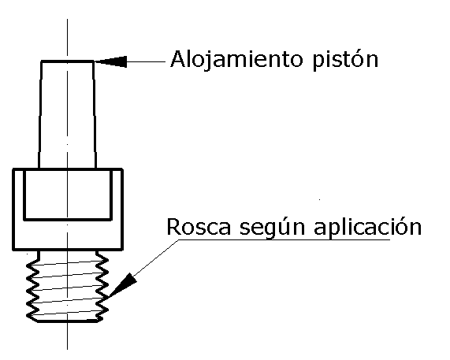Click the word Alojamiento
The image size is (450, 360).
click(236, 59)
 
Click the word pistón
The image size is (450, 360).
click(345, 60)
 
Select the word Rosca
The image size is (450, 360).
click(199, 227)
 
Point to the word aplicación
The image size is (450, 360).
click(367, 228)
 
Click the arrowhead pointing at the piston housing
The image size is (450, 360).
click(111, 61)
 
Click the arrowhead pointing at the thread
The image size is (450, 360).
click(123, 285)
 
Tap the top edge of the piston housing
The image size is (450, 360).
click(67, 61)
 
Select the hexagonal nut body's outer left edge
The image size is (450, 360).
click(13, 210)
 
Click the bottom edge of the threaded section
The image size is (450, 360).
click(68, 321)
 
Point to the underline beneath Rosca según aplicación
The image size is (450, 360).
click(285, 239)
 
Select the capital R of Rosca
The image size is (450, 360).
click(173, 227)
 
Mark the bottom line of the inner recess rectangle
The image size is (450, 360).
click(68, 220)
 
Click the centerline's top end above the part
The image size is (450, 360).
click(68, 20)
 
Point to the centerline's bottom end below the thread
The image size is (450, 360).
click(68, 349)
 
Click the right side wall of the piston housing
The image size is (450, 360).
click(94, 115)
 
